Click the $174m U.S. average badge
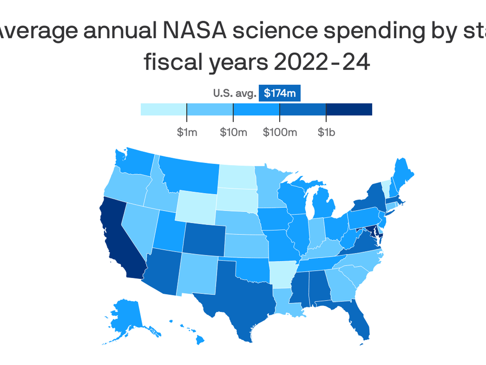(x=279, y=93)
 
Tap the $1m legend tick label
(x=187, y=132)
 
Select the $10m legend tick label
(x=233, y=132)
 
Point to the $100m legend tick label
(x=280, y=132)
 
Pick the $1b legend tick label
(x=326, y=132)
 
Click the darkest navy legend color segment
(x=349, y=109)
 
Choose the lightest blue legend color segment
(x=164, y=109)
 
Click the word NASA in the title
(x=194, y=31)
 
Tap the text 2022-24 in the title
(x=322, y=62)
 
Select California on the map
(x=119, y=241)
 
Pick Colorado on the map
(x=204, y=238)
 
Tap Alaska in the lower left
(x=127, y=317)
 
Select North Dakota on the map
(x=237, y=177)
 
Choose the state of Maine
(x=402, y=175)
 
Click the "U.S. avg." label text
(x=235, y=93)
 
